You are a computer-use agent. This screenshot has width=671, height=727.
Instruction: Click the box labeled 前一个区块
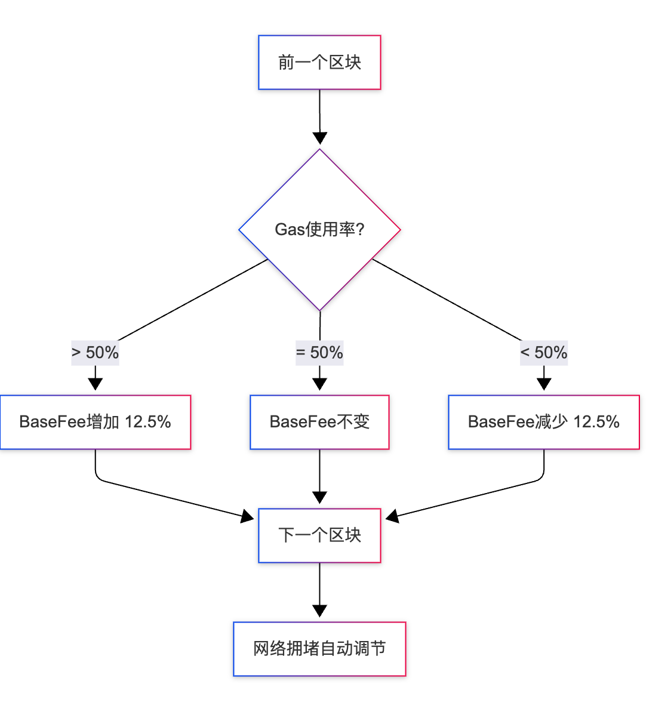(319, 63)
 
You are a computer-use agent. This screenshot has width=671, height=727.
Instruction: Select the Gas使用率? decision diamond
(319, 230)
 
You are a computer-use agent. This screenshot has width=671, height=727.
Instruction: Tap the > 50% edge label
(96, 353)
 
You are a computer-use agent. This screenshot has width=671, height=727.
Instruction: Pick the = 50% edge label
(319, 353)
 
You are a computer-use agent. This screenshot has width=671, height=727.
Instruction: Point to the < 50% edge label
(544, 353)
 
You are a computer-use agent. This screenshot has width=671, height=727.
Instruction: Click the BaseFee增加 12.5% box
(96, 422)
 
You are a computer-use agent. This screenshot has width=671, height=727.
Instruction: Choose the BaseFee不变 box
(319, 422)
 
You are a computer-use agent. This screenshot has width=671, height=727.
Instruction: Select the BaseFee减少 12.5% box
(544, 422)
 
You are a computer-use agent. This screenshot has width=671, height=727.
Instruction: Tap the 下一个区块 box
(319, 535)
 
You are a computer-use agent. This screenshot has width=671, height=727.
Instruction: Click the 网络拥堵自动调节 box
(319, 649)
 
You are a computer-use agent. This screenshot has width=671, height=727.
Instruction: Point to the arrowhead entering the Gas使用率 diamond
(320, 138)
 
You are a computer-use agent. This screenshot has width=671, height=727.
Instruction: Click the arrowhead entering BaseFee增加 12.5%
(96, 384)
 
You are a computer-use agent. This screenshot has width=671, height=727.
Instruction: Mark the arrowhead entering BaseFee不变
(319, 384)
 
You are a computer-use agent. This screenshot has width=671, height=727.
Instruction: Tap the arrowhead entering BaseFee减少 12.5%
(544, 384)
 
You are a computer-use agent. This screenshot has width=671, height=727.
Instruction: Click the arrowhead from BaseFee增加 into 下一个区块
(248, 516)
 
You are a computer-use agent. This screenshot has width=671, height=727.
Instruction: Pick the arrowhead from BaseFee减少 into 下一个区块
(392, 516)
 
